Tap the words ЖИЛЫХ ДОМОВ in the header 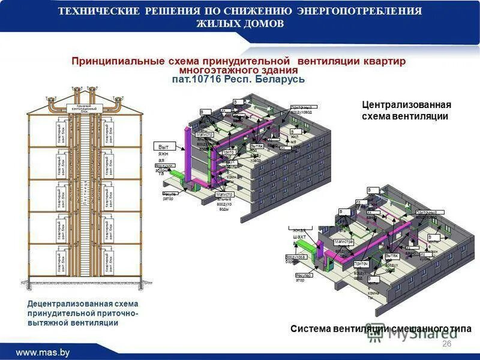pos(240,23)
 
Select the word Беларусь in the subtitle pos(280,79)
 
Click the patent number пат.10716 pos(197,79)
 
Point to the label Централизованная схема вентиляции pos(406,110)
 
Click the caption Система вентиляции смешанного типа pos(381,329)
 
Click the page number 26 pos(446,343)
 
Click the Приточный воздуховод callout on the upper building pos(304,108)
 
